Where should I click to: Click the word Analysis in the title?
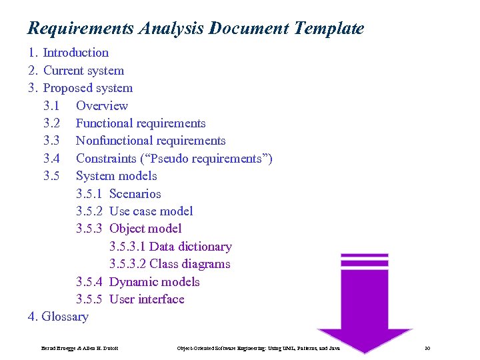(171, 29)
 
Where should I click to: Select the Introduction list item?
(75, 53)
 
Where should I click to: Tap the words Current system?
(83, 71)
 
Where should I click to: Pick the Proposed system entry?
(87, 88)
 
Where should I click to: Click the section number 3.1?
(51, 106)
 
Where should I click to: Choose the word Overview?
(102, 106)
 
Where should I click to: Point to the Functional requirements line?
(141, 123)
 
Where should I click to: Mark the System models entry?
(117, 176)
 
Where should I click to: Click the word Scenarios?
(135, 194)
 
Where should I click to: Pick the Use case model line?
(151, 211)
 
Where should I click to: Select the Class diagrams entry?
(190, 264)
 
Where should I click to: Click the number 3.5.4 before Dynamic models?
(89, 282)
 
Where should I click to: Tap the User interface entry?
(147, 299)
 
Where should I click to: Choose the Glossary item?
(65, 317)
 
